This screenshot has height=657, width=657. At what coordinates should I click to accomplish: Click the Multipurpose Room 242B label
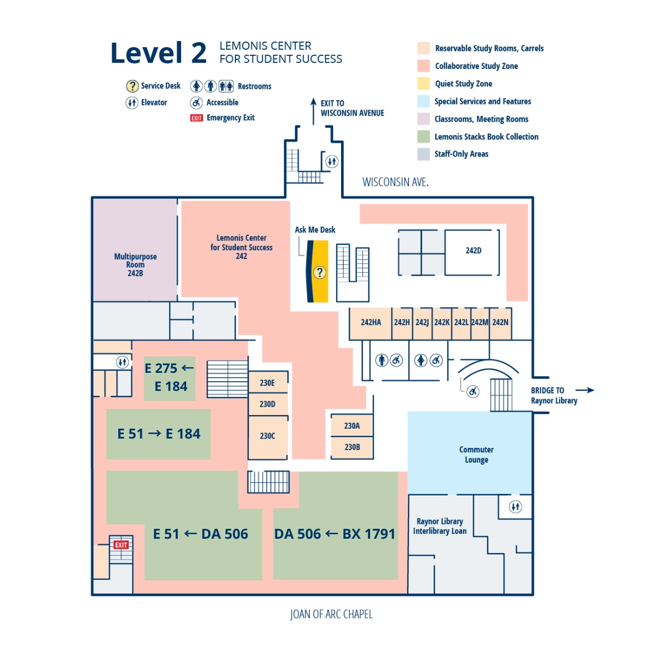pos(135,264)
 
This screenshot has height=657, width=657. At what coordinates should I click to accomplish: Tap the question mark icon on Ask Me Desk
pos(319,272)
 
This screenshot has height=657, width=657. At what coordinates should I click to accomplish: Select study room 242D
pos(473,251)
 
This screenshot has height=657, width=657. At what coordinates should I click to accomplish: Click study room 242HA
pos(371,322)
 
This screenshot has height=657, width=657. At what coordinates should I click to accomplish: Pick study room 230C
pos(267,436)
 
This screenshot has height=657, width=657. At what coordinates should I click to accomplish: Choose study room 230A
pos(352,426)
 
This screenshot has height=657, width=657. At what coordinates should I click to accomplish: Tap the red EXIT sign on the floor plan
pos(121,545)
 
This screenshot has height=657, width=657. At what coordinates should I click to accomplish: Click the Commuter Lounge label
pos(476,454)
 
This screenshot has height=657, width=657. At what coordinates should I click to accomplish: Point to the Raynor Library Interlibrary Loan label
pos(440,526)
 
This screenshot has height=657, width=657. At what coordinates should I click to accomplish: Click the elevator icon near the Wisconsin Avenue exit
pos(332,162)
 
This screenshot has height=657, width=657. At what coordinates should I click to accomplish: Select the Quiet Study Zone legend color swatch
pos(423,84)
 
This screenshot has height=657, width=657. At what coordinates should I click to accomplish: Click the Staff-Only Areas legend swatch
pos(423,154)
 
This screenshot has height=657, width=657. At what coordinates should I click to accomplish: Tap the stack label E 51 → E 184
pos(159,434)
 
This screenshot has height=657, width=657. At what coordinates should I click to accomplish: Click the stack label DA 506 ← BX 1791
pos(335,534)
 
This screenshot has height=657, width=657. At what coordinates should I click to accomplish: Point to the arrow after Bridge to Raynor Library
pos(585,390)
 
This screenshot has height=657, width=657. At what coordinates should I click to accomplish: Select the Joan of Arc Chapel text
pos(331,614)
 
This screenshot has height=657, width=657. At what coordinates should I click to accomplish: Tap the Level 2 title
pos(158,53)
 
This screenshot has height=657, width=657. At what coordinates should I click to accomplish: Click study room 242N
pos(500,322)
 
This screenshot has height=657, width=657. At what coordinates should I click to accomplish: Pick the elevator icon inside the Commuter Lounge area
pos(515,506)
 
